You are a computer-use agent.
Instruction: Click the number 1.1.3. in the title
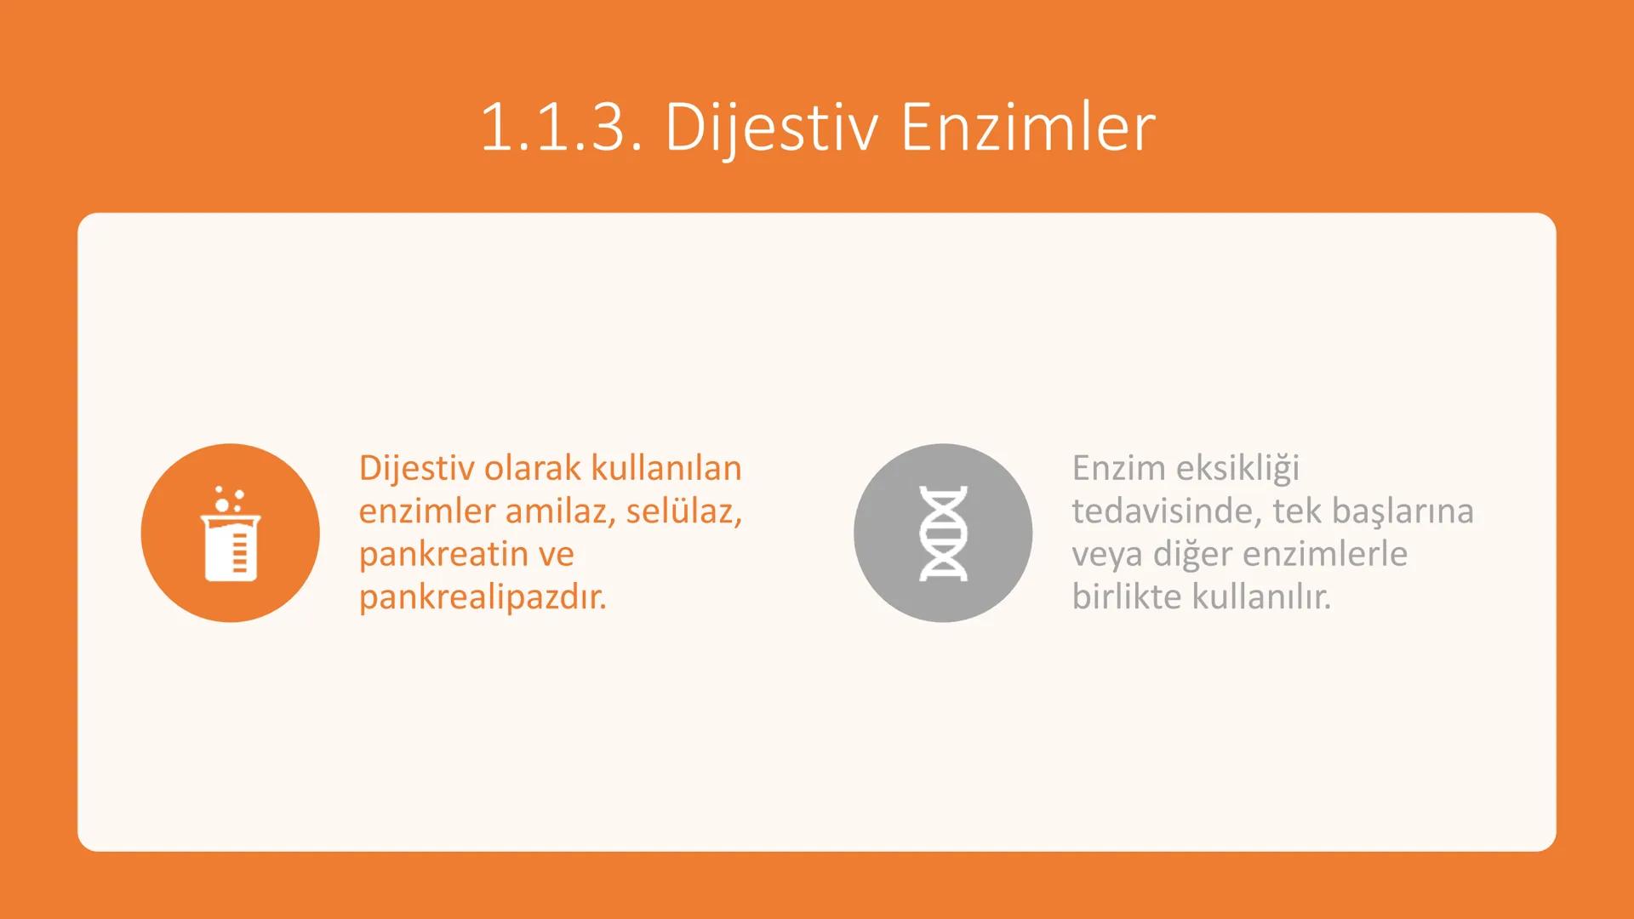point(561,128)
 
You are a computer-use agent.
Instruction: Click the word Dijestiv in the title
point(771,128)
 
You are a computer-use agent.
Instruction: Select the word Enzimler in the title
point(1028,128)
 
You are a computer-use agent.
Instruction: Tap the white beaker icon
point(231,545)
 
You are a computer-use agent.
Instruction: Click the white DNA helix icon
point(943,534)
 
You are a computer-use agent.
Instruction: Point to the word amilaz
point(560,511)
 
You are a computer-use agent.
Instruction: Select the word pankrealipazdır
point(483,597)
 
